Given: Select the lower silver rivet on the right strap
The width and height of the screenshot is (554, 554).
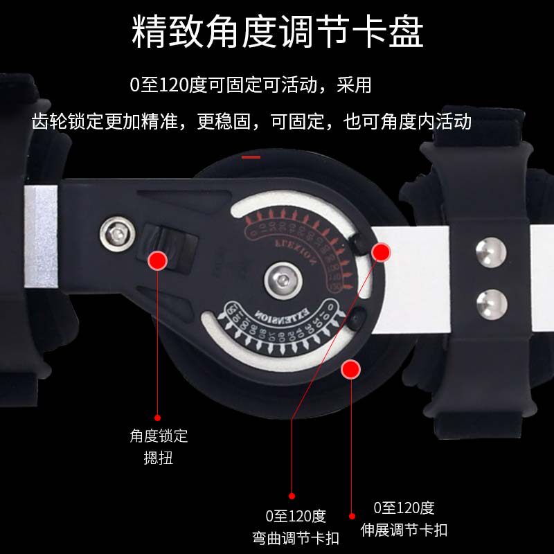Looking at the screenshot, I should point(491,303).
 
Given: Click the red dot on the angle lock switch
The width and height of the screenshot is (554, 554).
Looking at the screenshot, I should point(159,260).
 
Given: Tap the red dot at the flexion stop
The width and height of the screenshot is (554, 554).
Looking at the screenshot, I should point(381,252).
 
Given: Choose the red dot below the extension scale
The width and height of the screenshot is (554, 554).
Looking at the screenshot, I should point(351,369).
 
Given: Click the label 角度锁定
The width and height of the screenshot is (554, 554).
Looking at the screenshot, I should point(159,436).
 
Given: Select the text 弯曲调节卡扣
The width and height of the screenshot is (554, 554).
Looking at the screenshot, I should point(295,537).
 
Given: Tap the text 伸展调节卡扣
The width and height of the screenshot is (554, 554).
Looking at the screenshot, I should point(404,530).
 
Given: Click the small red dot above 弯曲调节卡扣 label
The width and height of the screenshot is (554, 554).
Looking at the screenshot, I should point(292,496).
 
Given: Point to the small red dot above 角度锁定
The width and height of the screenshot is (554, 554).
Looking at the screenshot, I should point(158,418).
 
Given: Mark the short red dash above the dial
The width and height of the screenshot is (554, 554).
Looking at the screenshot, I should point(251,157).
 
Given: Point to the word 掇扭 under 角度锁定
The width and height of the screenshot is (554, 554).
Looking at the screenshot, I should point(159,458).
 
